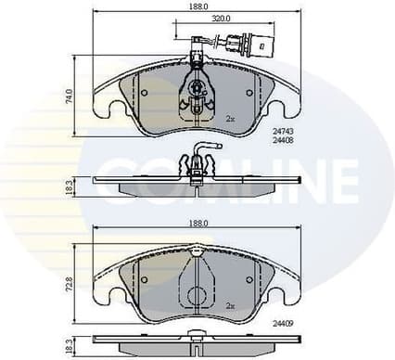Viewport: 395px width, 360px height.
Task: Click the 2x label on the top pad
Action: [231, 119]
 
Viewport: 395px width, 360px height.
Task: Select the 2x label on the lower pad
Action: [231, 302]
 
